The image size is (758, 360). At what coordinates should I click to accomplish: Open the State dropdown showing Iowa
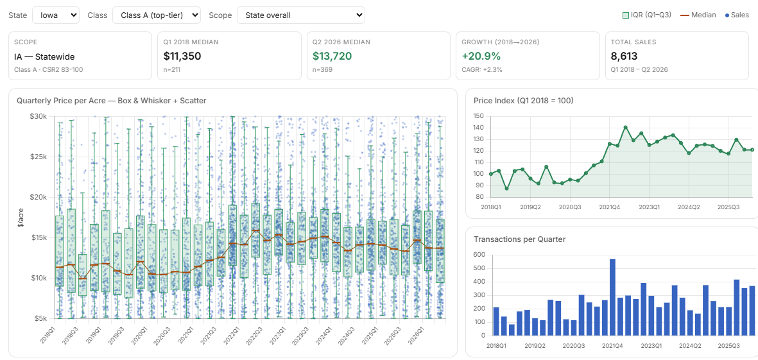pyautogui.click(x=56, y=15)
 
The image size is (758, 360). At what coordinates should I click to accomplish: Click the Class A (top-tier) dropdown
pyautogui.click(x=156, y=15)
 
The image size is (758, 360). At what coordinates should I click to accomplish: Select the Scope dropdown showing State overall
pyautogui.click(x=300, y=15)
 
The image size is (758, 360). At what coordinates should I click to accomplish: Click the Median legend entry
pyautogui.click(x=698, y=15)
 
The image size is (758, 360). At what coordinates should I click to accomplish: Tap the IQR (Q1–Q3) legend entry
pyautogui.click(x=647, y=15)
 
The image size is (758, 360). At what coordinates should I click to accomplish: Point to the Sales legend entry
pyautogui.click(x=737, y=15)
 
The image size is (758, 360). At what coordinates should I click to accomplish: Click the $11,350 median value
pyautogui.click(x=182, y=56)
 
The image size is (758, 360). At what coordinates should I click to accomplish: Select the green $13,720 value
pyautogui.click(x=332, y=56)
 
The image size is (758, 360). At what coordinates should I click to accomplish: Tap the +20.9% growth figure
pyautogui.click(x=481, y=56)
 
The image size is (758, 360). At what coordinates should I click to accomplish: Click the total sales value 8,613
pyautogui.click(x=624, y=56)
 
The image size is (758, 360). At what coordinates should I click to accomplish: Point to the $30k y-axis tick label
pyautogui.click(x=39, y=116)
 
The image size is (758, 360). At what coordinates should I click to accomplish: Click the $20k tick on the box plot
pyautogui.click(x=39, y=197)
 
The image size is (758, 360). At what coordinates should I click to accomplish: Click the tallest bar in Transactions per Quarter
pyautogui.click(x=612, y=297)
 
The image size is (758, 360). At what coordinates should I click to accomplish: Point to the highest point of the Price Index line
pyautogui.click(x=625, y=127)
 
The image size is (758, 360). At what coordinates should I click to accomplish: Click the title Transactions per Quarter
pyautogui.click(x=520, y=239)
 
